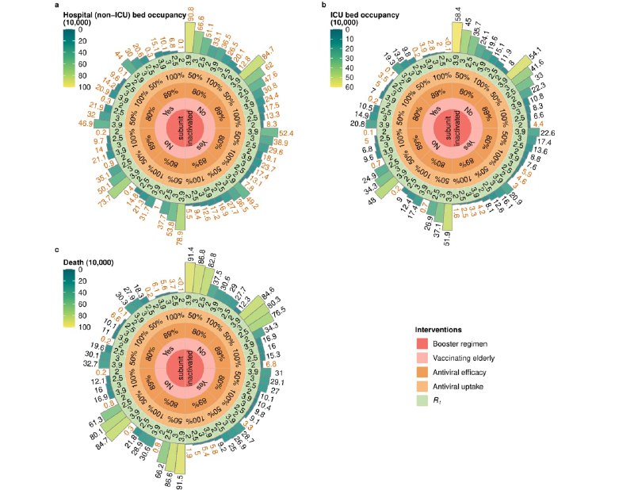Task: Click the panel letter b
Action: (x=323, y=6)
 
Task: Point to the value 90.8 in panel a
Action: (x=191, y=12)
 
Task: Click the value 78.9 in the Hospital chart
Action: (x=179, y=238)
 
